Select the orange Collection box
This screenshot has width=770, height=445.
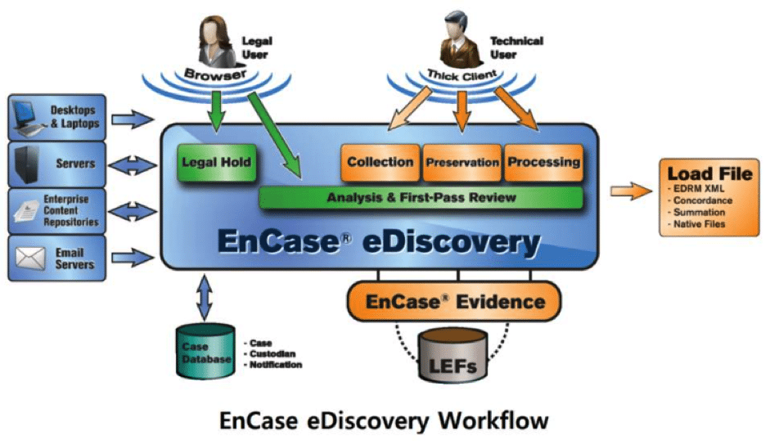pyautogui.click(x=380, y=162)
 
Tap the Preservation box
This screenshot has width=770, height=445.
pyautogui.click(x=462, y=162)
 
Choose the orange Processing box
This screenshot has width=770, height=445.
pyautogui.click(x=543, y=162)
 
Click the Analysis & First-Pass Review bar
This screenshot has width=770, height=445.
pyautogui.click(x=421, y=197)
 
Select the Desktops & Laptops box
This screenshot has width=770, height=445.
pyautogui.click(x=57, y=116)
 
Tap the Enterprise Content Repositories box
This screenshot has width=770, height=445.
pyautogui.click(x=57, y=210)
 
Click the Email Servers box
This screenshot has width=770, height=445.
pyautogui.click(x=57, y=258)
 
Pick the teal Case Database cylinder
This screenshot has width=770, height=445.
pyautogui.click(x=205, y=352)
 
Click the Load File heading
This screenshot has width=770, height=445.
pyautogui.click(x=709, y=173)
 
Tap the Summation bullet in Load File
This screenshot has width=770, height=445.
pyautogui.click(x=704, y=212)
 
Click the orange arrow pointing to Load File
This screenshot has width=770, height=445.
pyautogui.click(x=628, y=191)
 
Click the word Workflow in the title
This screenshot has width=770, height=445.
pyautogui.click(x=493, y=420)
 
